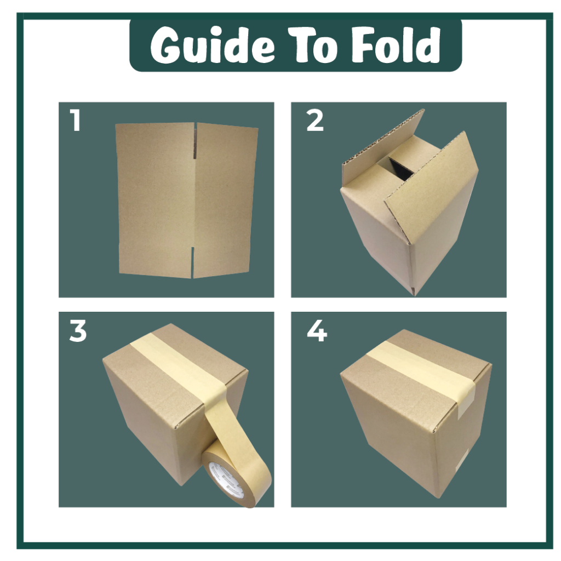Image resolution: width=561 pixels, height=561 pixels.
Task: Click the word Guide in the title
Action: tap(213, 45)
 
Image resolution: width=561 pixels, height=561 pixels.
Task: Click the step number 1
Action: tap(75, 120)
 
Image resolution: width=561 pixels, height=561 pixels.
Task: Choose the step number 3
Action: tap(78, 331)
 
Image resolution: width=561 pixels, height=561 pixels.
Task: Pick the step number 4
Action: tap(317, 331)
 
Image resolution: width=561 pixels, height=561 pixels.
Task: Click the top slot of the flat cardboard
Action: tap(195, 141)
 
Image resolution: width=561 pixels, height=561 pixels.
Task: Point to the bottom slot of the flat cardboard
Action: tap(192, 262)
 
